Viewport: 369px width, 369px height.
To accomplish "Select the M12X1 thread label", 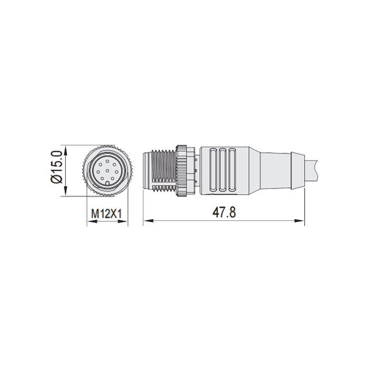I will tap(106, 214).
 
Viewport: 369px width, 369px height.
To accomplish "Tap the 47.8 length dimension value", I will tap(224, 212).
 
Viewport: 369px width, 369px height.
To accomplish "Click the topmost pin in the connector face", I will tap(107, 158).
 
